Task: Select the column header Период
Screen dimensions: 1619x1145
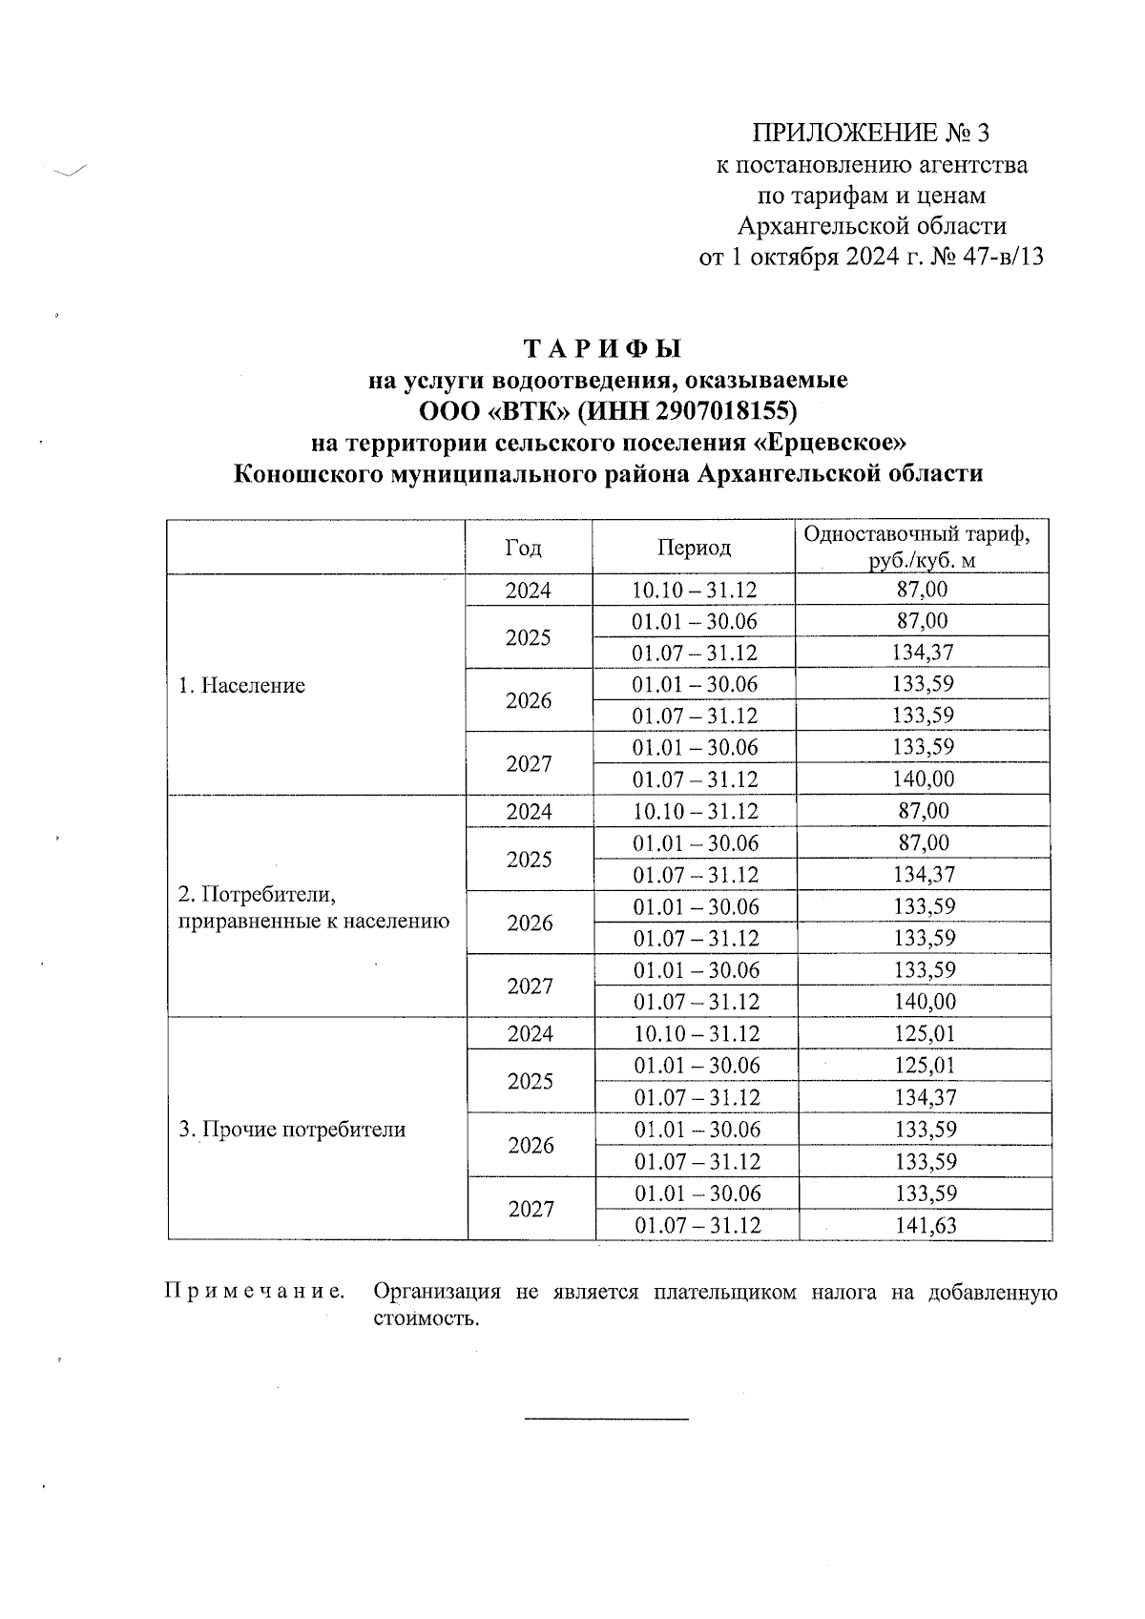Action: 694,548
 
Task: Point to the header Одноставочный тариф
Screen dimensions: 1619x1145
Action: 916,534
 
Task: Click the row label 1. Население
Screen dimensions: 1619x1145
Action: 241,686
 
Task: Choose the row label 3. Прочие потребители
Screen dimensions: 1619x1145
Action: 292,1130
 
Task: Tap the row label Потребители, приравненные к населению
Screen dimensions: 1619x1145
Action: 313,908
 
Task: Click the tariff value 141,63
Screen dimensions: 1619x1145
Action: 925,1226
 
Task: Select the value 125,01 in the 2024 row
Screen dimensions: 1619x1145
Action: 925,1034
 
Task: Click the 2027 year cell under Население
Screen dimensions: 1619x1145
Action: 529,764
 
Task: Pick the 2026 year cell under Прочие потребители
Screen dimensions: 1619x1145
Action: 531,1146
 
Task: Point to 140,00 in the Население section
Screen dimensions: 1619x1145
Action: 923,779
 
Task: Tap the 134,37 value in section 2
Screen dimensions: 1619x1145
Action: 924,875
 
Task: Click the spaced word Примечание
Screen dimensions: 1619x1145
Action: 254,1293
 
